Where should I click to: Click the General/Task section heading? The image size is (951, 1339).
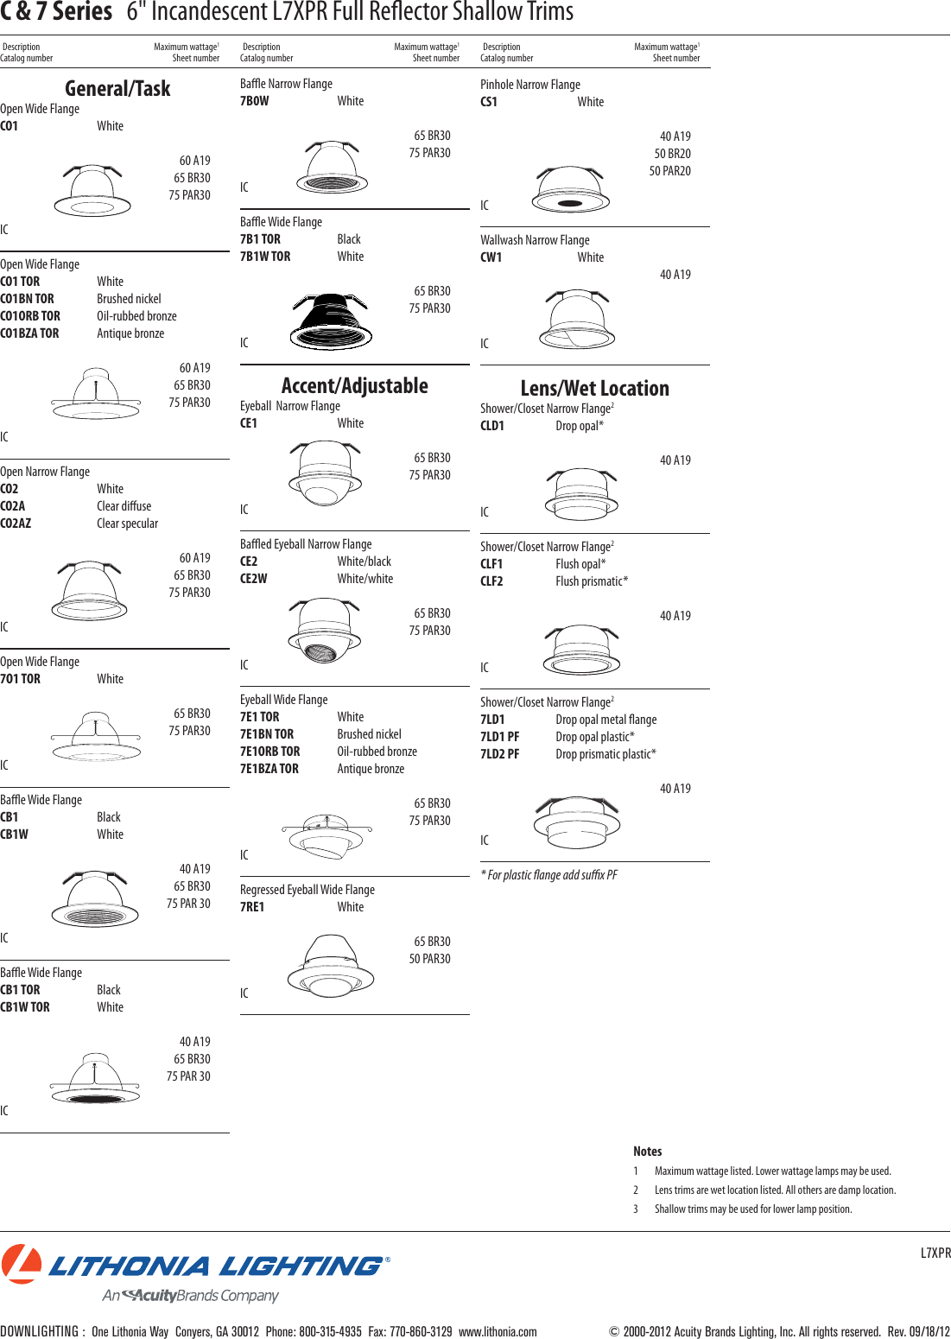pos(117,88)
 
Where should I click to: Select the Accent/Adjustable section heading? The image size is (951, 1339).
pos(354,385)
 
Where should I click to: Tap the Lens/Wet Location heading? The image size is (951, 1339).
pos(594,388)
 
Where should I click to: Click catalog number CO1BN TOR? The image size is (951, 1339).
pos(27,299)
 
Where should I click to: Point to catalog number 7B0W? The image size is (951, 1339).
pos(254,101)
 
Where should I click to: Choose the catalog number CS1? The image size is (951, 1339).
pos(489,102)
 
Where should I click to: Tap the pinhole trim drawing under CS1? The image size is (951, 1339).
pos(570,190)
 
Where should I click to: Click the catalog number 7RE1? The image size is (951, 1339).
pos(252,907)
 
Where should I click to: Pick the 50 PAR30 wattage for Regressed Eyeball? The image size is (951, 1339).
pos(429,959)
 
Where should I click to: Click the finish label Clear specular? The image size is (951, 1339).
pos(127,524)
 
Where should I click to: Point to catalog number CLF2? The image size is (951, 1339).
pos(491,581)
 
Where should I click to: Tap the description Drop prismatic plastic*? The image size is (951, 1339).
pos(605,754)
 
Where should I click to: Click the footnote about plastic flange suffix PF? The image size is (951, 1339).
pos(549,875)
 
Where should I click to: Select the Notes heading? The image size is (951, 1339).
pos(647,1151)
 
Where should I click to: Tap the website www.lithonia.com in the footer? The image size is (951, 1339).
pos(498,1331)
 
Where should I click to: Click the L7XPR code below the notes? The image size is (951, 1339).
pos(935,1253)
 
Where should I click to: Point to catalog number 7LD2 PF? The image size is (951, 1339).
pos(500,754)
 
